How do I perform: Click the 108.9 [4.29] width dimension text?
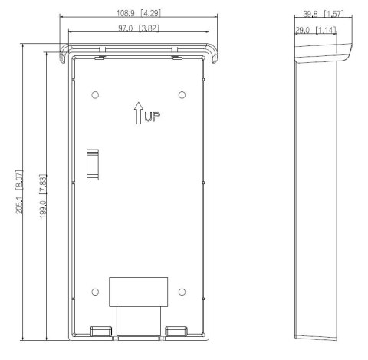tap(139, 13)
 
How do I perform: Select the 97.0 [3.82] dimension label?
tap(139, 28)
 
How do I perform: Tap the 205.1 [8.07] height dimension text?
tap(19, 192)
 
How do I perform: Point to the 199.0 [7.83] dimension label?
tap(43, 196)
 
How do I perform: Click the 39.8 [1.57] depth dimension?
tap(324, 14)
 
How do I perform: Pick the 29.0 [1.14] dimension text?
tap(316, 30)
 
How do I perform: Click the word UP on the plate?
tap(153, 117)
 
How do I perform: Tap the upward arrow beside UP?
tap(139, 113)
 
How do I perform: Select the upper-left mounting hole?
tap(95, 95)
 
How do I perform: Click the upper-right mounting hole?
tap(182, 95)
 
